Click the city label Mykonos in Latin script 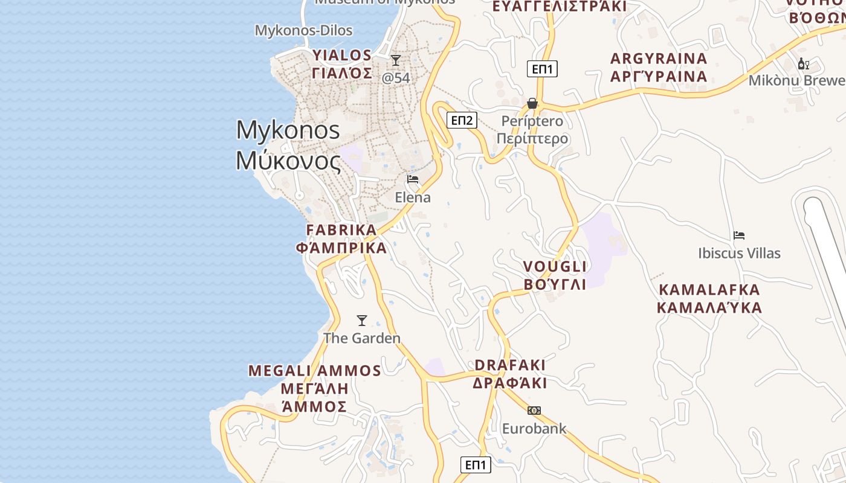tap(288, 130)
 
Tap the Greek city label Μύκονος tap(288, 160)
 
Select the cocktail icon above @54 tap(396, 60)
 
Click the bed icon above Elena tap(413, 179)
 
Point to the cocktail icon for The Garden tap(362, 321)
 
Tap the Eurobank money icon tap(534, 411)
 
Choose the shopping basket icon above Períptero tap(532, 103)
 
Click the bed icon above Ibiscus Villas tap(739, 235)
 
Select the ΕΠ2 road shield tap(462, 120)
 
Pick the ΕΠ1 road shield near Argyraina tap(542, 69)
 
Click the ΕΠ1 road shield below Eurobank tap(476, 465)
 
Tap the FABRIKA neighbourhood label tap(341, 230)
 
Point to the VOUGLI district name tap(555, 267)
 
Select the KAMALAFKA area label tap(709, 290)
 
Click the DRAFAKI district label tap(510, 365)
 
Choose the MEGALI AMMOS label tap(315, 371)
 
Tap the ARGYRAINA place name tap(659, 59)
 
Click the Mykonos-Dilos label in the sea tap(303, 30)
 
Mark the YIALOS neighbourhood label tap(342, 56)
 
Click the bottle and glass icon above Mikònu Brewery tap(804, 63)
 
